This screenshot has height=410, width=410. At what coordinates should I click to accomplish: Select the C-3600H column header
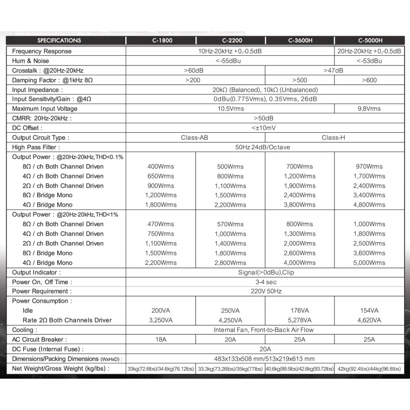point(300,40)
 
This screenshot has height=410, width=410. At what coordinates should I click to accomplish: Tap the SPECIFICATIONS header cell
point(59,40)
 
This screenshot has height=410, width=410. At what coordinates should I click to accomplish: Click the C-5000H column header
point(370,40)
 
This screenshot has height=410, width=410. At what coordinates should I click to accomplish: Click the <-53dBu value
point(370,61)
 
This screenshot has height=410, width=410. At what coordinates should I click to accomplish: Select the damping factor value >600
point(370,80)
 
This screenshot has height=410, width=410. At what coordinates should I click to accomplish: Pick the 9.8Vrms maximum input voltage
point(370,109)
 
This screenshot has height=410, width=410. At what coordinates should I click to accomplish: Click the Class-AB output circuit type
point(194,138)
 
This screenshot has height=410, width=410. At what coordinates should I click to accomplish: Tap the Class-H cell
point(334,138)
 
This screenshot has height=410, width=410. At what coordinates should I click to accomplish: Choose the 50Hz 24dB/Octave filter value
point(263,147)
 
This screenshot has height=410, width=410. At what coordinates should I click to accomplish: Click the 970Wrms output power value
point(370,167)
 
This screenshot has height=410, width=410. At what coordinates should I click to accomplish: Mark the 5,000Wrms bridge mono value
point(370,263)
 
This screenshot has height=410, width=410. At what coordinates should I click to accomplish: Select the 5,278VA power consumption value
point(300,320)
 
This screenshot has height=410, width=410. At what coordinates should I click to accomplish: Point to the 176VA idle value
point(300,311)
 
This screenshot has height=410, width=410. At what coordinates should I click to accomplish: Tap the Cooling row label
point(24,330)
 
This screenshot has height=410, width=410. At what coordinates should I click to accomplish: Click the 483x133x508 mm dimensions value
point(263,359)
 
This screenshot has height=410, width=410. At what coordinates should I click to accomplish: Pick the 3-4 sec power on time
point(263,282)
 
